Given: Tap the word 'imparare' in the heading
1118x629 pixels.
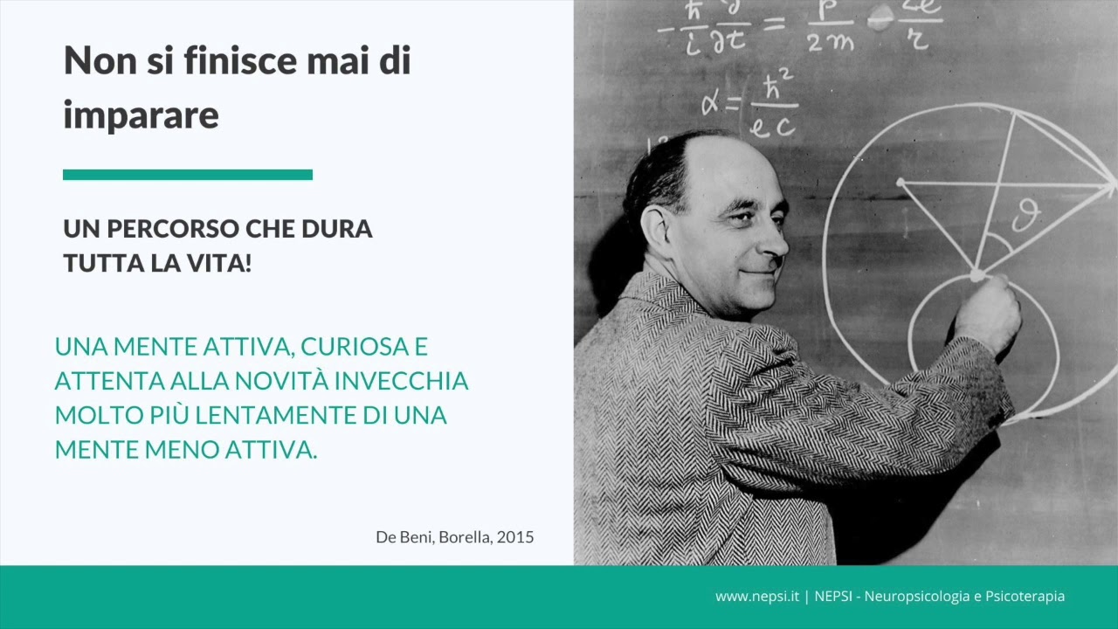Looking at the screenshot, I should pos(141,114).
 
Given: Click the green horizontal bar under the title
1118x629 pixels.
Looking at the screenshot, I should pos(188,175).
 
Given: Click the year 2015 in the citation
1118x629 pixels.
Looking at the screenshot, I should pos(514,536).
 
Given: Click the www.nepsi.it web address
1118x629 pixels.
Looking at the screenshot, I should pos(757,597).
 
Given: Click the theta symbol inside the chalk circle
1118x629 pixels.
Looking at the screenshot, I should pos(1025,215).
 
